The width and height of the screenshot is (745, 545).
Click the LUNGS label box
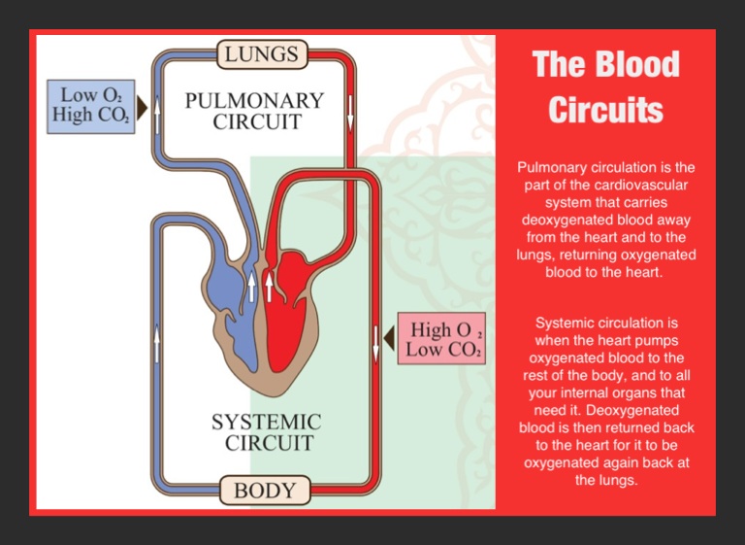coord(261,54)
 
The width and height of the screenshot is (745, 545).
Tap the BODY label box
coord(264,490)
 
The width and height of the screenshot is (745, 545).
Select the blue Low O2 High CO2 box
coord(90,106)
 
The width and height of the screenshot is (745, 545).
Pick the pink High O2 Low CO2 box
coord(441,339)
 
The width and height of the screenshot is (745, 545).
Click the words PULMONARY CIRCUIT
coord(254,111)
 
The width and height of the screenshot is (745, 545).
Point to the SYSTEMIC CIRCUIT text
coord(266,432)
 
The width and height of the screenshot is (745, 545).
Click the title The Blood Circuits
coord(605,86)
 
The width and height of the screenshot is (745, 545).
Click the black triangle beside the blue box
coord(142,106)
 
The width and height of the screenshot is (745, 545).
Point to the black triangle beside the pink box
coord(389,339)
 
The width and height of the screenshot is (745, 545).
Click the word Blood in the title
coord(634,64)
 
